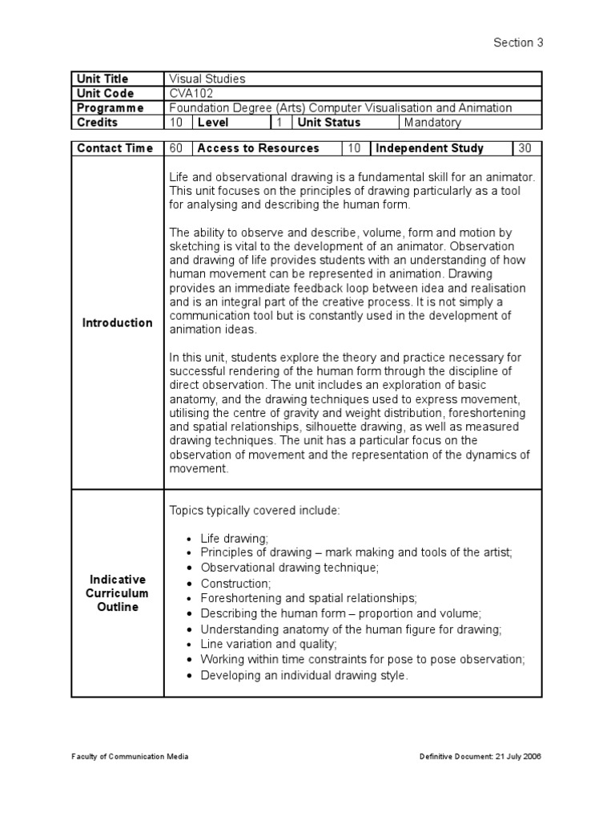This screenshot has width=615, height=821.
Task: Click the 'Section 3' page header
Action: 518,43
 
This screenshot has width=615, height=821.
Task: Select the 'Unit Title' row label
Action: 102,79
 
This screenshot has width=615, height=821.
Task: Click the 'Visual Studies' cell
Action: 207,79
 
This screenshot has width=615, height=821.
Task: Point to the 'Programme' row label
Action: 110,107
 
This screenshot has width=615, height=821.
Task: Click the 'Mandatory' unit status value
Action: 432,123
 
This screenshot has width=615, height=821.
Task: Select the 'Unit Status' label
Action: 328,123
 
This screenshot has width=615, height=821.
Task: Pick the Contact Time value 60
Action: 176,148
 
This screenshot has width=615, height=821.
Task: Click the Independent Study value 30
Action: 525,148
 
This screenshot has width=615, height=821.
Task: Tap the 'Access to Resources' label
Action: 258,148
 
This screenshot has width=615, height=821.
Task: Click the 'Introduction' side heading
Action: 117,322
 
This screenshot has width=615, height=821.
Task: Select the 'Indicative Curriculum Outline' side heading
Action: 117,592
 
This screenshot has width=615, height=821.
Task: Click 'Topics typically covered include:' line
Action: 255,510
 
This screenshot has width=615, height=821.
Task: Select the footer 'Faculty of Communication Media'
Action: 130,757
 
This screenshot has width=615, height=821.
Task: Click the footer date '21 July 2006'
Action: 513,757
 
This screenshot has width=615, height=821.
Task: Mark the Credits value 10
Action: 176,123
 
